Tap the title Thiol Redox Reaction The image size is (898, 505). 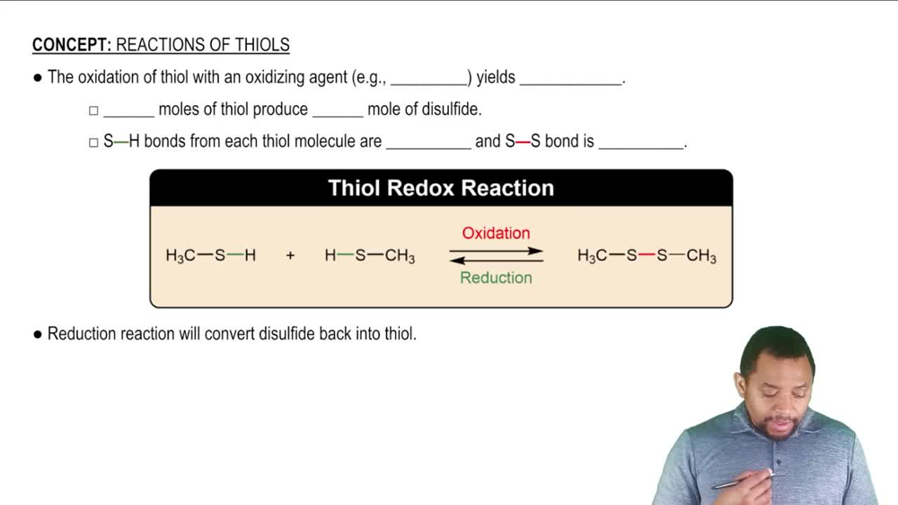pyautogui.click(x=441, y=188)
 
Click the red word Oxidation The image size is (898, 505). pyautogui.click(x=496, y=234)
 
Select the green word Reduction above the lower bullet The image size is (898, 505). pyautogui.click(x=496, y=278)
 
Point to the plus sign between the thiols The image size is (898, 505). pyautogui.click(x=290, y=256)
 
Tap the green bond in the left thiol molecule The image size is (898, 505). pyautogui.click(x=235, y=256)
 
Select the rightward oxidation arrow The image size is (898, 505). pyautogui.click(x=496, y=251)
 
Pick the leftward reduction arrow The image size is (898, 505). pyautogui.click(x=496, y=261)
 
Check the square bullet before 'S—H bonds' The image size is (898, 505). pyautogui.click(x=93, y=142)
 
